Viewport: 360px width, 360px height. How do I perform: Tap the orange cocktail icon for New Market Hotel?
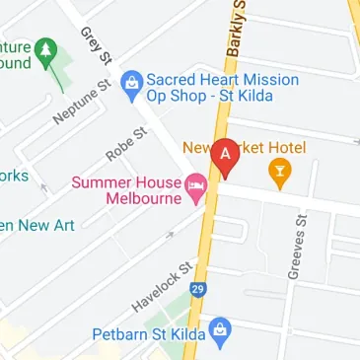[281, 176]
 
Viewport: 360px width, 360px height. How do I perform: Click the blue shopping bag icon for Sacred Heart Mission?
[129, 85]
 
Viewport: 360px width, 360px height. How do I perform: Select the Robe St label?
[125, 144]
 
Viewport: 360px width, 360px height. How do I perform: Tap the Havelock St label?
[159, 286]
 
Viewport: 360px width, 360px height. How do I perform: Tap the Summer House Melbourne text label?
[125, 188]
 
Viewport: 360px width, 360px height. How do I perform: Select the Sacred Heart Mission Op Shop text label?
[222, 89]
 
